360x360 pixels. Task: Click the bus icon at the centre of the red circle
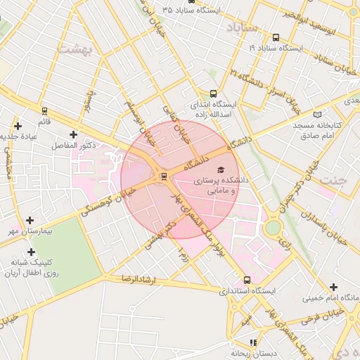coord(164,176)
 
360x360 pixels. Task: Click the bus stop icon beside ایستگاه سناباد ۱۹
coord(275,38)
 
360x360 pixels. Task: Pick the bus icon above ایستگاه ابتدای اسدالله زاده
coord(214,94)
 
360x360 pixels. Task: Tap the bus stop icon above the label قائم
coord(44,111)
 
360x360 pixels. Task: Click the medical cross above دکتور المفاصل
coord(73,134)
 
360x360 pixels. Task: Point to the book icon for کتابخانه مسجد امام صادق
coord(317,115)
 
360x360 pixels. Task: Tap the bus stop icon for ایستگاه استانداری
coord(246,279)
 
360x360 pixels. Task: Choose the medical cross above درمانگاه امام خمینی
coord(333,287)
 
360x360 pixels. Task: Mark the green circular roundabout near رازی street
coord(272,228)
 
